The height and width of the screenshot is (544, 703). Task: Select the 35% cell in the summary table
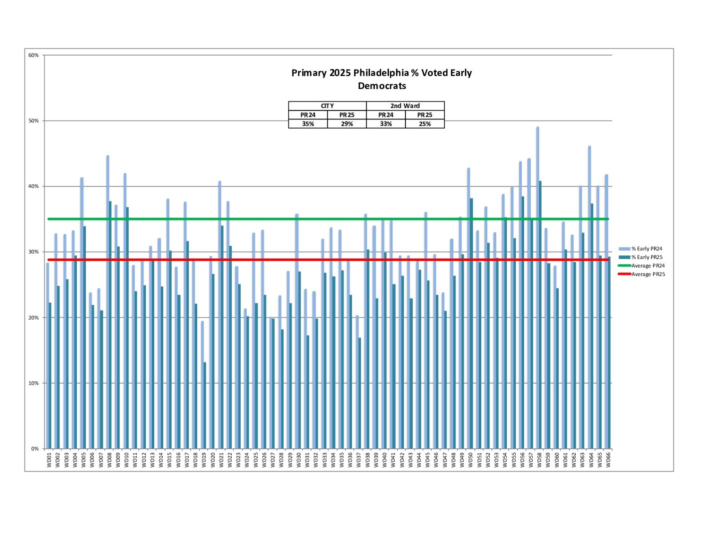coord(308,124)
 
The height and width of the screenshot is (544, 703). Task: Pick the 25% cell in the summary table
coord(425,124)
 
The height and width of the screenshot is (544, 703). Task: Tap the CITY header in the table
coord(328,106)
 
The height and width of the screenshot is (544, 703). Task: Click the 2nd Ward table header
coord(405,106)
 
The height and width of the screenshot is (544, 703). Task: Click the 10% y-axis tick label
coord(33,383)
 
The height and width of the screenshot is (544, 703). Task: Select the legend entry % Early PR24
coord(647,248)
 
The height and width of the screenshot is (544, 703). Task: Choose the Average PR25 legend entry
coord(648,274)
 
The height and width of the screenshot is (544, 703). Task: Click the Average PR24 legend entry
coord(648,265)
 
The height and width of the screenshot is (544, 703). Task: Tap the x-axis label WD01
coord(49,460)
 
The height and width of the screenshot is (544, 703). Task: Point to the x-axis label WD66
coord(608,460)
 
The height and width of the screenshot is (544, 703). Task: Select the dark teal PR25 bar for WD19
coord(205,405)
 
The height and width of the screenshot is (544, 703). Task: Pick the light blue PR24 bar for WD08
coord(107,300)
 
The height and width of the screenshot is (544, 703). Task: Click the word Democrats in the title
coord(382,86)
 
